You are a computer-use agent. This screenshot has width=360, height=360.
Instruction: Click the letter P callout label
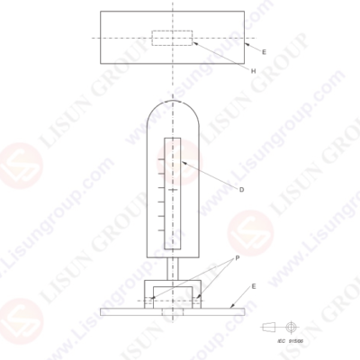pos(237,257)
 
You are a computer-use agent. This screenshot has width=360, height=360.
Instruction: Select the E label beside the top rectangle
pos(264,53)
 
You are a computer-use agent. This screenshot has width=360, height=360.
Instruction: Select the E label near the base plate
pos(253,286)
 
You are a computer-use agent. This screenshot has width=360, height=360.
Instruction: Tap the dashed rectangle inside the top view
pos(172,38)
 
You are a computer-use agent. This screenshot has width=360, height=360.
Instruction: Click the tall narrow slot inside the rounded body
pos(172,193)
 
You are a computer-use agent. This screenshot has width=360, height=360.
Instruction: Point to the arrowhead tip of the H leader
pos(190,40)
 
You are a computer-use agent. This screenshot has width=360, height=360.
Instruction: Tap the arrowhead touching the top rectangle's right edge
pos(245,41)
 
